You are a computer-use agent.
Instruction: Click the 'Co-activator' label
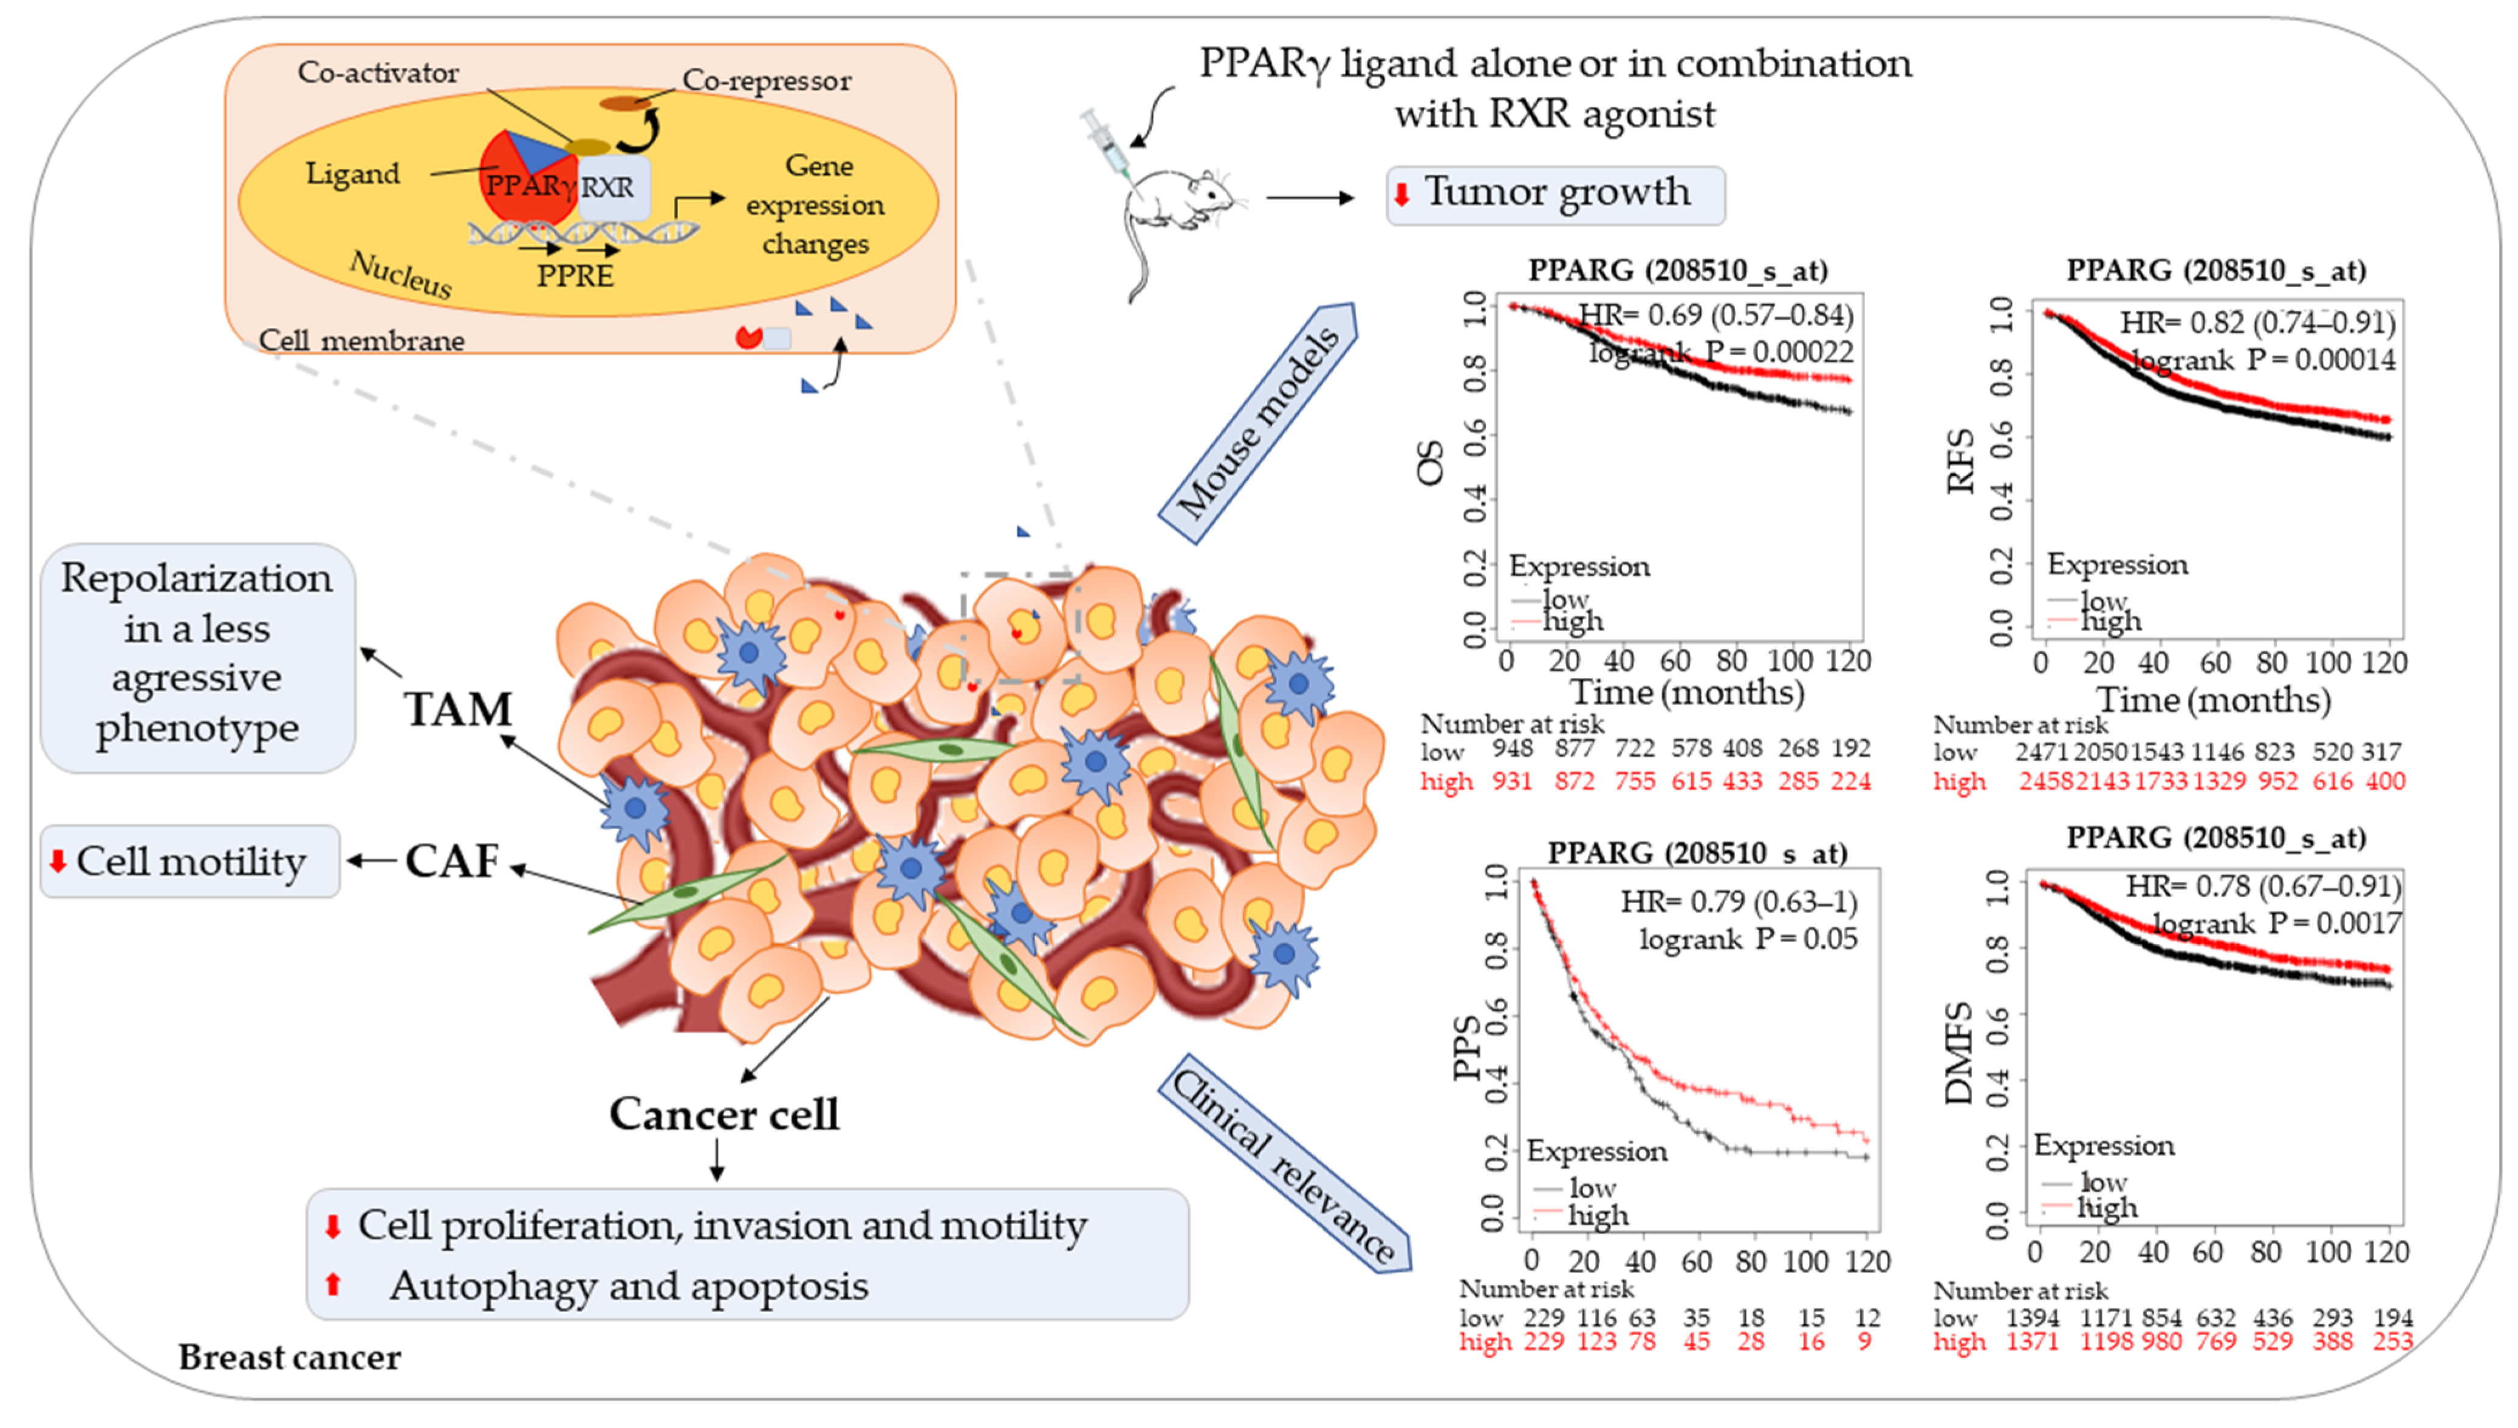pos(378,72)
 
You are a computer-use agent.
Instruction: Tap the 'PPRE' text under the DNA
pos(575,276)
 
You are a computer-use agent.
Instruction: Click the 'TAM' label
pos(458,709)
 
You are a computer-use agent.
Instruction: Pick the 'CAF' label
pos(452,861)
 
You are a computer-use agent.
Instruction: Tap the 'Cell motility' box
pos(190,862)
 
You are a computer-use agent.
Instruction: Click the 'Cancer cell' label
pos(724,1114)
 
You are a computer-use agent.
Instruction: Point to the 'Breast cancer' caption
pos(289,1358)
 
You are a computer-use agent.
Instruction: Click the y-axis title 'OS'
pos(1430,463)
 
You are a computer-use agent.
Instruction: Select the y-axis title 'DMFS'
pos(1958,1054)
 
